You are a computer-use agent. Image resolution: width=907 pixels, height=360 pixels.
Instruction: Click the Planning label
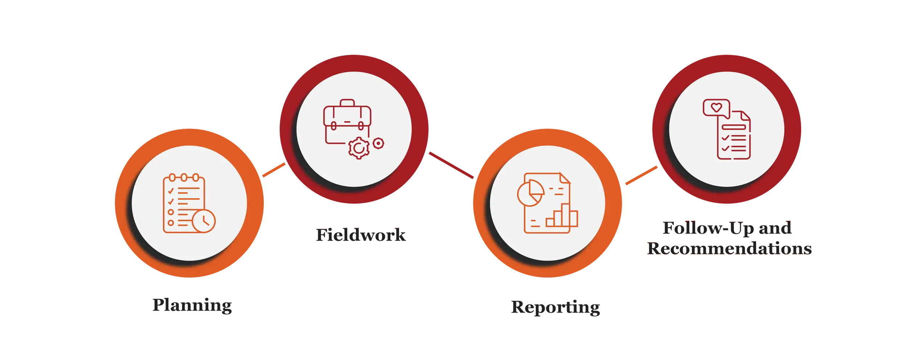pos(192,306)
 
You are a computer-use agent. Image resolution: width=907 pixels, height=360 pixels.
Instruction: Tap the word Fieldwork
pos(361,235)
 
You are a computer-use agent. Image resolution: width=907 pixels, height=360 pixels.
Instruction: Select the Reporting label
pos(555,308)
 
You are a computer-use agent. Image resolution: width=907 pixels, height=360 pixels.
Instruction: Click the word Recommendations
pos(729,249)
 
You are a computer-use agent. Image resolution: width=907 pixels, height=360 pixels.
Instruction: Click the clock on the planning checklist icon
pos(204,221)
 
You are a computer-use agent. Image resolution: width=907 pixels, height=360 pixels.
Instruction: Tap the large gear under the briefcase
pos(359,148)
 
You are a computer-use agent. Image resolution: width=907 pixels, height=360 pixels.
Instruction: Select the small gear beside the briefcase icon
pos(378,143)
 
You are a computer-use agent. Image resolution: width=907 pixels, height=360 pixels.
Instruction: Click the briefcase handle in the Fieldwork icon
pos(347,103)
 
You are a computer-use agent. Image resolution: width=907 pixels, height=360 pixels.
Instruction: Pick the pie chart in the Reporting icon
pos(531,193)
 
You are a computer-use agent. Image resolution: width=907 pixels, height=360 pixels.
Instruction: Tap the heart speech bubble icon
pos(716,108)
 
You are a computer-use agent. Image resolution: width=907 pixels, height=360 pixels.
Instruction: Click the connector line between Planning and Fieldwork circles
pos(274,170)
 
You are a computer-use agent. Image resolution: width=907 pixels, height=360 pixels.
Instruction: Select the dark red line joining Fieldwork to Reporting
pos(451,165)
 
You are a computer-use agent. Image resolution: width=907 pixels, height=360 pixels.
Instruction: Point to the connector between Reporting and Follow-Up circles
pos(641,176)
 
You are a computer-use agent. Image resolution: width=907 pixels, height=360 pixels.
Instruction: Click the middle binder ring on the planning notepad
pos(184,177)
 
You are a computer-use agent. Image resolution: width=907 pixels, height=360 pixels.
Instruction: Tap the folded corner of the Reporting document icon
pos(565,178)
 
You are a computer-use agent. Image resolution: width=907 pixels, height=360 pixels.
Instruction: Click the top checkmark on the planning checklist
pos(171,191)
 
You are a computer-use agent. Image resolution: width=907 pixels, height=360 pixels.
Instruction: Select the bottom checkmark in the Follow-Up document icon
pos(725,148)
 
